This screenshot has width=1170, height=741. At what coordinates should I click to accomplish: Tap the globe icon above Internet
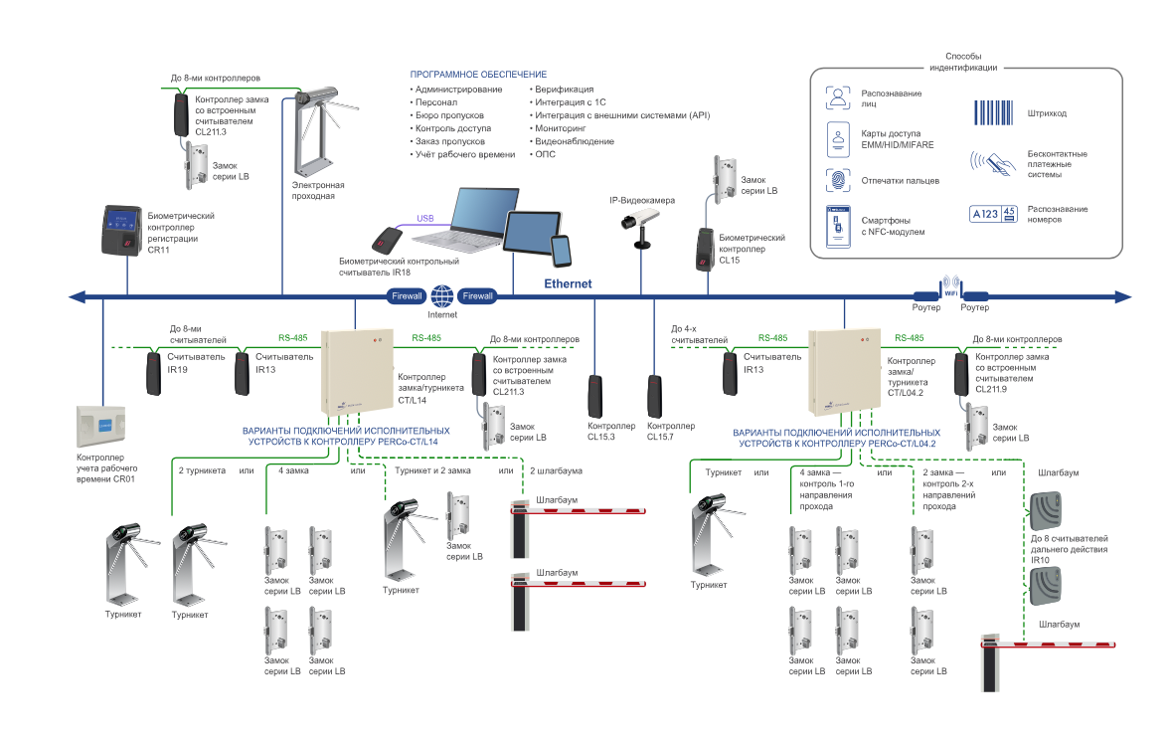(x=442, y=295)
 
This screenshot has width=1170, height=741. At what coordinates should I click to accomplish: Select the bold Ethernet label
(x=568, y=283)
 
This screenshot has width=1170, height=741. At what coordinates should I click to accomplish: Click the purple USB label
(x=424, y=219)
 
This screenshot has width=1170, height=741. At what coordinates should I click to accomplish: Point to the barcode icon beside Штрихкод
(x=991, y=112)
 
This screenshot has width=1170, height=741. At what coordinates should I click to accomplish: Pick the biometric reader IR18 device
(x=387, y=239)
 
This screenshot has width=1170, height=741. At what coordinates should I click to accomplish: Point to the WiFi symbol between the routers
(x=949, y=284)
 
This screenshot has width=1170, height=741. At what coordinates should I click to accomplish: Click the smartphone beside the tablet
(x=562, y=250)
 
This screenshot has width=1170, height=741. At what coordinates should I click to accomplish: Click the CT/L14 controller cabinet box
(x=357, y=372)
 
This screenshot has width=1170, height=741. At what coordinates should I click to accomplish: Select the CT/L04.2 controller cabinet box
(x=845, y=373)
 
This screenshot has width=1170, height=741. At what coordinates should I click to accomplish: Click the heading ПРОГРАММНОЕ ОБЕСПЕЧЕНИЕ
(x=478, y=75)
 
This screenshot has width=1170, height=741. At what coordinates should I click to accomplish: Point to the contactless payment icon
(x=991, y=163)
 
